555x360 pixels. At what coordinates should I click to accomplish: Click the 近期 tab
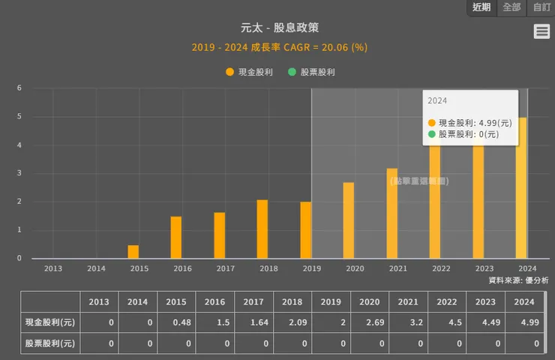tap(481, 7)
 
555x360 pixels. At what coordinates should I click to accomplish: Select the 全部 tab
tap(511, 7)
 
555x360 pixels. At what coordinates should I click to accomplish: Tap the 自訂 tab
tap(541, 7)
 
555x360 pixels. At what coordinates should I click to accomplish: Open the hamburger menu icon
tap(541, 31)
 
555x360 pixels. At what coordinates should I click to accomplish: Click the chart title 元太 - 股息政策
tap(279, 28)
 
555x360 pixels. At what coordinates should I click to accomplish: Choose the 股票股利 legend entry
tap(311, 72)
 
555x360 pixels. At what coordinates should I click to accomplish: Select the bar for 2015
tap(133, 252)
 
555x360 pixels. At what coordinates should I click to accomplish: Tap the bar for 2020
tap(349, 220)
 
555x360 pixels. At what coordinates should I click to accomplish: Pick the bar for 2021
tap(392, 213)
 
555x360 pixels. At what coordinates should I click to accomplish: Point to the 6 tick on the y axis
tap(19, 88)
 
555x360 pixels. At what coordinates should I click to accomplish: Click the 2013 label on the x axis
tap(53, 268)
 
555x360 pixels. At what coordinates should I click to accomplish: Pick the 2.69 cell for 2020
tap(368, 322)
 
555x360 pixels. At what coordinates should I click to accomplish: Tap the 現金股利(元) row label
tap(49, 322)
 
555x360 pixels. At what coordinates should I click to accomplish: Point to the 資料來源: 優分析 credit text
tap(518, 280)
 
